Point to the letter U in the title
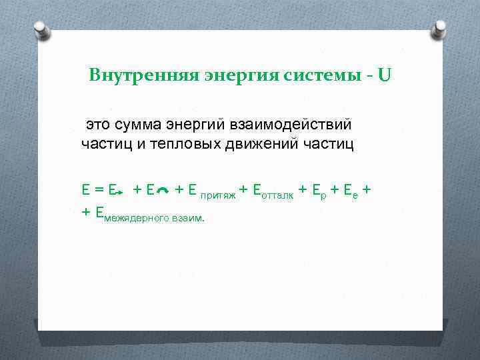point(385,74)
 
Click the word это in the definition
point(99,124)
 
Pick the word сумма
point(138,124)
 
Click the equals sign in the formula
point(97,190)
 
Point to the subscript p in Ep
point(325,195)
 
